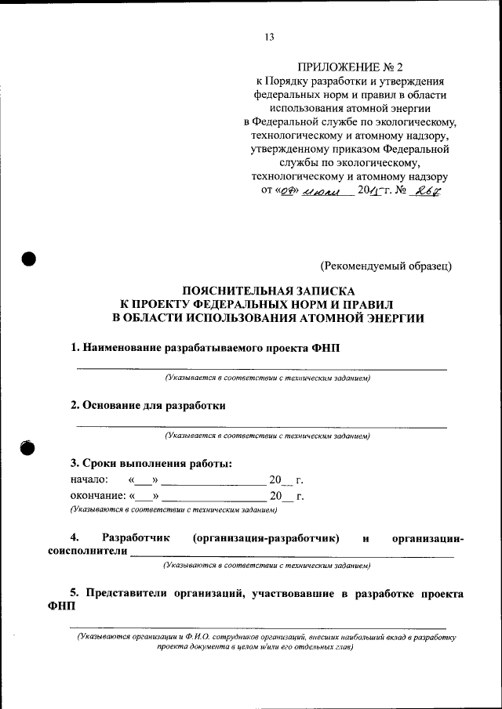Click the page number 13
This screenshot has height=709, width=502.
(x=268, y=37)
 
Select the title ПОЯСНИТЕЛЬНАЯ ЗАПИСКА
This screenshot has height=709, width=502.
(x=269, y=289)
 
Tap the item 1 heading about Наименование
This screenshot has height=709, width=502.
(x=206, y=347)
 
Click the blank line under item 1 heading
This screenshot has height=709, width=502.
(x=261, y=367)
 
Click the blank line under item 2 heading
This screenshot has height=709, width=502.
(x=261, y=426)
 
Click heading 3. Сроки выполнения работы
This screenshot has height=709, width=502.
(x=151, y=463)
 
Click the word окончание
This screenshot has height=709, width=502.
(x=98, y=496)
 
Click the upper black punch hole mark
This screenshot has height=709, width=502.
(x=30, y=260)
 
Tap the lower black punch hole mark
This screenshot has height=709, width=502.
(x=29, y=447)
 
